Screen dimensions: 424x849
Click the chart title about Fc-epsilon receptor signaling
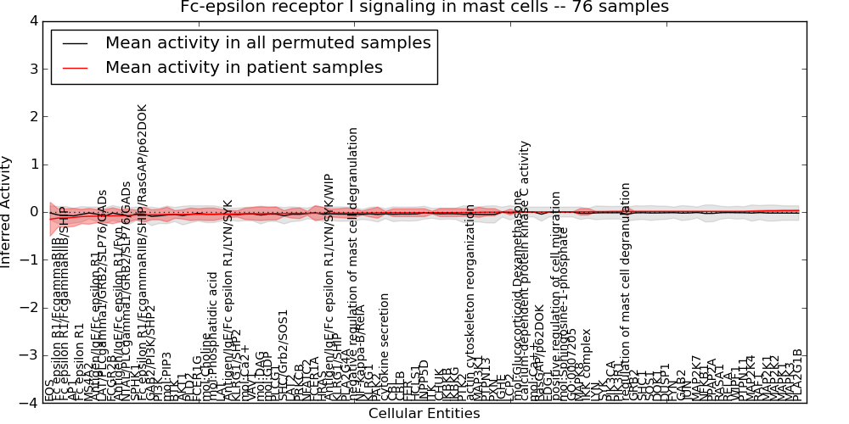tap(424, 8)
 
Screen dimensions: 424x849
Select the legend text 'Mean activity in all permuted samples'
tap(267, 43)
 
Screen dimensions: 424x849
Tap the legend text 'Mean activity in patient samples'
tap(244, 68)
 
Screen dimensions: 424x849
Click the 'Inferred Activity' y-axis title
tap(8, 212)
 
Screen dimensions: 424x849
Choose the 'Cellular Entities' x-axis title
tap(424, 413)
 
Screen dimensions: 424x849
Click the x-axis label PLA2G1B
tap(797, 376)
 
